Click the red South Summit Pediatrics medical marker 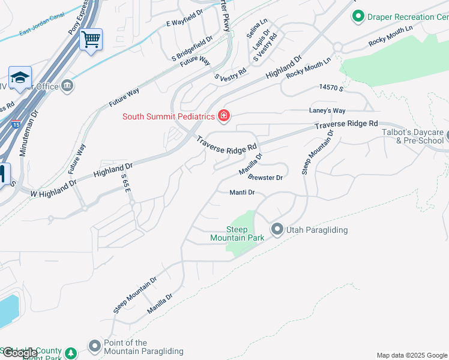(x=224, y=115)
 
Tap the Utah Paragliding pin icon (x=277, y=229)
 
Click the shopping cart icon (x=91, y=40)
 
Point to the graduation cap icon (x=20, y=78)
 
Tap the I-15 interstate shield (x=14, y=125)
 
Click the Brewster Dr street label (x=265, y=178)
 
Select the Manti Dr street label (x=243, y=193)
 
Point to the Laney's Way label (x=327, y=111)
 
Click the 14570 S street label (x=331, y=88)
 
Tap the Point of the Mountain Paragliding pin (x=94, y=346)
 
